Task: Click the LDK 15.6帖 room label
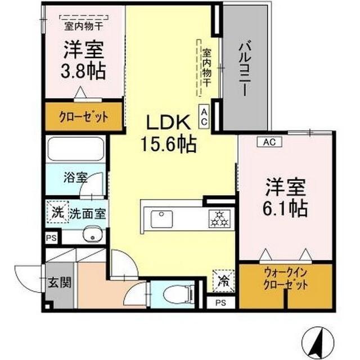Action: [x=169, y=134]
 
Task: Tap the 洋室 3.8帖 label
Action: [x=83, y=60]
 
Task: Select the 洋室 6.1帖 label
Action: [x=285, y=197]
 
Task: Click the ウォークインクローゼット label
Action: [x=286, y=279]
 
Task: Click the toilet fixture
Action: [x=179, y=294]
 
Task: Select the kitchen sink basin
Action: [x=161, y=219]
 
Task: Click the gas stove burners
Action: [x=220, y=219]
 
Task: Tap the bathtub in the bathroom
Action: [x=76, y=149]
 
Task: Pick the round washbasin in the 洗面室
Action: [x=92, y=235]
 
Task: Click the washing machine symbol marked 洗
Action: [x=57, y=212]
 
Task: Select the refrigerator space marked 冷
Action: [x=223, y=281]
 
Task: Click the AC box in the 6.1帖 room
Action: [x=269, y=142]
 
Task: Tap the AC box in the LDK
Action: [x=204, y=115]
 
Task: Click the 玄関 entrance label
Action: [x=60, y=282]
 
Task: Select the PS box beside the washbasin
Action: [x=51, y=238]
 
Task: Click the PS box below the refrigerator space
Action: [x=220, y=303]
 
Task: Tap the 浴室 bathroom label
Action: [x=75, y=177]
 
